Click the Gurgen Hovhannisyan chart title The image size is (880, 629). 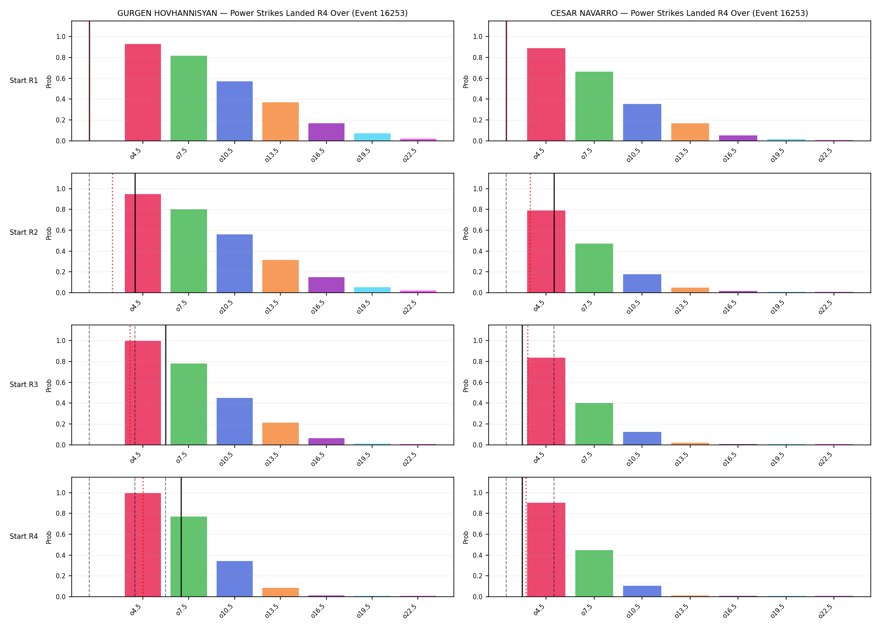(x=262, y=13)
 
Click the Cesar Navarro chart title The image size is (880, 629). (x=679, y=13)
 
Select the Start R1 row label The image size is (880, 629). (x=24, y=81)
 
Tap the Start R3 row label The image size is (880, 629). (x=24, y=385)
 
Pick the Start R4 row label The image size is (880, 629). (x=24, y=536)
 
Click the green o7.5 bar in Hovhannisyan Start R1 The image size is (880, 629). (x=189, y=98)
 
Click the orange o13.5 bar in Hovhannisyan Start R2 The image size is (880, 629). (x=281, y=276)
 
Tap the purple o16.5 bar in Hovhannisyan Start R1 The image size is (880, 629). (x=326, y=132)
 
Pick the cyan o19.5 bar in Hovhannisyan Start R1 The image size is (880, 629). (x=372, y=137)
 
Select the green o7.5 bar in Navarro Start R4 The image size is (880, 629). (x=594, y=573)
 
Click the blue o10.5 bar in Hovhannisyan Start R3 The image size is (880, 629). (x=235, y=421)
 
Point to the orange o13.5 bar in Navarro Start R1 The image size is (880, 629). (x=690, y=132)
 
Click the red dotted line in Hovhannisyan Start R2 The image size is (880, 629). (x=112, y=233)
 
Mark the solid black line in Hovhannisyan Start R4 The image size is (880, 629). (x=181, y=537)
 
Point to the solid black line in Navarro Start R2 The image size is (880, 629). (x=554, y=233)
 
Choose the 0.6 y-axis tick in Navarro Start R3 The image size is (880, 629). (x=478, y=382)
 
